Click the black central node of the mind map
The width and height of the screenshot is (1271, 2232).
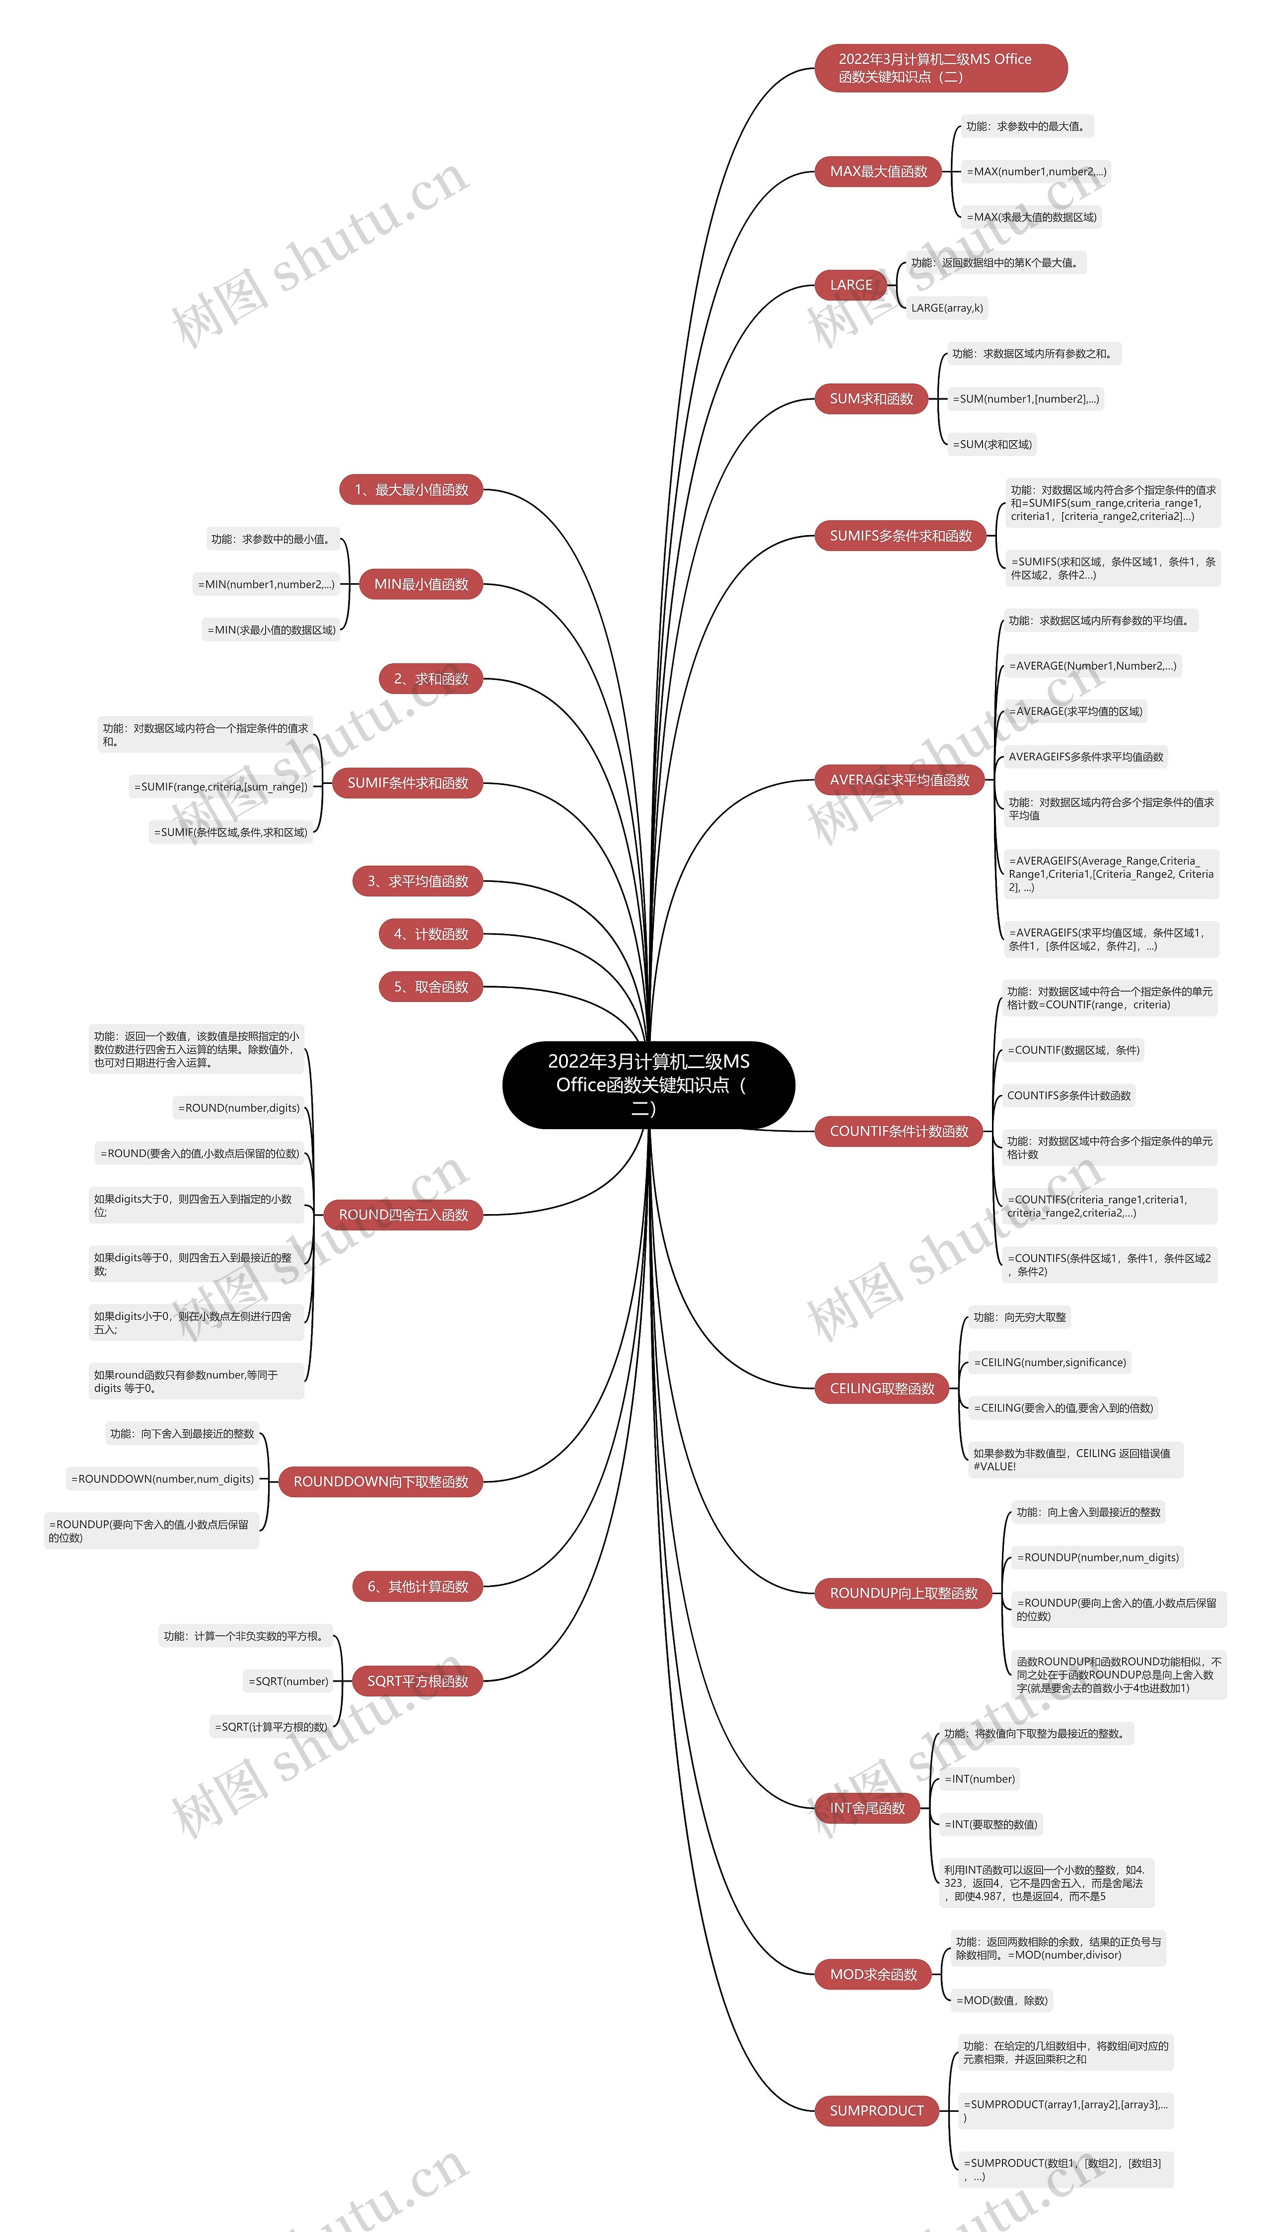tap(648, 1084)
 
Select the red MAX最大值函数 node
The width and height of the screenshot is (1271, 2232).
tap(878, 171)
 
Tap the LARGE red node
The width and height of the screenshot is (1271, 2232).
tap(851, 285)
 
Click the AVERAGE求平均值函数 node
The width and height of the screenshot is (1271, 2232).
tap(899, 780)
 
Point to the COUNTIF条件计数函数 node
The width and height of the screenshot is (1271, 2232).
tap(899, 1131)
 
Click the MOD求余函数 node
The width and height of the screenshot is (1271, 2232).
tap(873, 1974)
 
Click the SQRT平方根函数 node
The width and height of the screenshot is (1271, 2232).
tap(417, 1681)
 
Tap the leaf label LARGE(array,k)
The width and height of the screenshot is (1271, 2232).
tap(947, 308)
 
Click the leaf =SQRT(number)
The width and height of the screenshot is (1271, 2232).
tap(288, 1681)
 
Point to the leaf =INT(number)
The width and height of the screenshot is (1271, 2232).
tap(980, 1779)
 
